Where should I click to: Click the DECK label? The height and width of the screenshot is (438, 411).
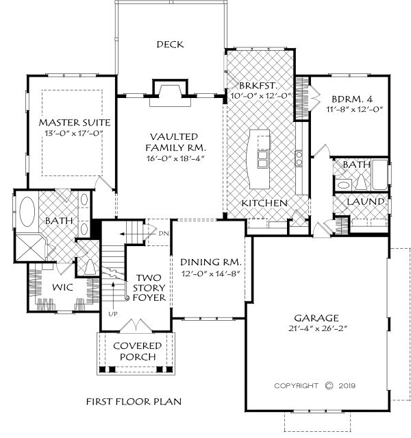170,45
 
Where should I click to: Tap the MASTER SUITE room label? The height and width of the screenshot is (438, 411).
75,122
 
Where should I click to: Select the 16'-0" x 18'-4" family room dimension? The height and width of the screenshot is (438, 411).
175,158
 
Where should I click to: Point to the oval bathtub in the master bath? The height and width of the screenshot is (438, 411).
27,211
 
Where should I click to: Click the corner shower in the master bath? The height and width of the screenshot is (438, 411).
29,248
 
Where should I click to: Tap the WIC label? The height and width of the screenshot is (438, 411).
62,287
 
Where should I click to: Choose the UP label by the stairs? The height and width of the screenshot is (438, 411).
113,314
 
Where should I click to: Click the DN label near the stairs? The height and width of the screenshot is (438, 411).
164,234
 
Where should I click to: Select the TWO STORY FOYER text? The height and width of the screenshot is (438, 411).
149,288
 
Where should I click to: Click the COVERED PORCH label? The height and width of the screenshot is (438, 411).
138,351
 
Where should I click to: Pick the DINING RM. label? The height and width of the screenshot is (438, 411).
210,263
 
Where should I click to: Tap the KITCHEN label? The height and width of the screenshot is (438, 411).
264,203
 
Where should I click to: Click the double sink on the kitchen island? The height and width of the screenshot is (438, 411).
262,159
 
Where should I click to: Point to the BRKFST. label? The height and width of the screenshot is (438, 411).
258,86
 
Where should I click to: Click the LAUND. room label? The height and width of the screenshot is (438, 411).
367,202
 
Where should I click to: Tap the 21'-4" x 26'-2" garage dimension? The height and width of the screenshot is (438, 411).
317,328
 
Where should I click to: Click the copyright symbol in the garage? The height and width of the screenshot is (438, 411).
329,386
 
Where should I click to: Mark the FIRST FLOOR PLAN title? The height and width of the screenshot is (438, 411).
134,402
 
